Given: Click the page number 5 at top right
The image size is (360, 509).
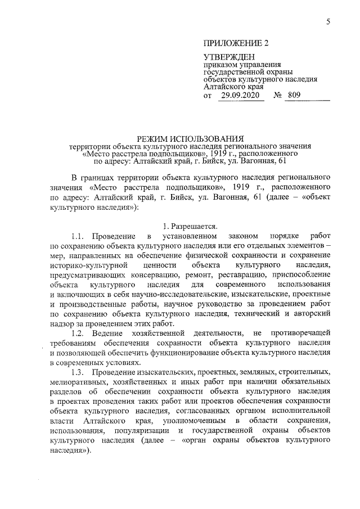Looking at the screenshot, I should (x=327, y=21).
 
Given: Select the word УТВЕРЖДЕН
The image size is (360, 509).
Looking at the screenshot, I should (x=229, y=57).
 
